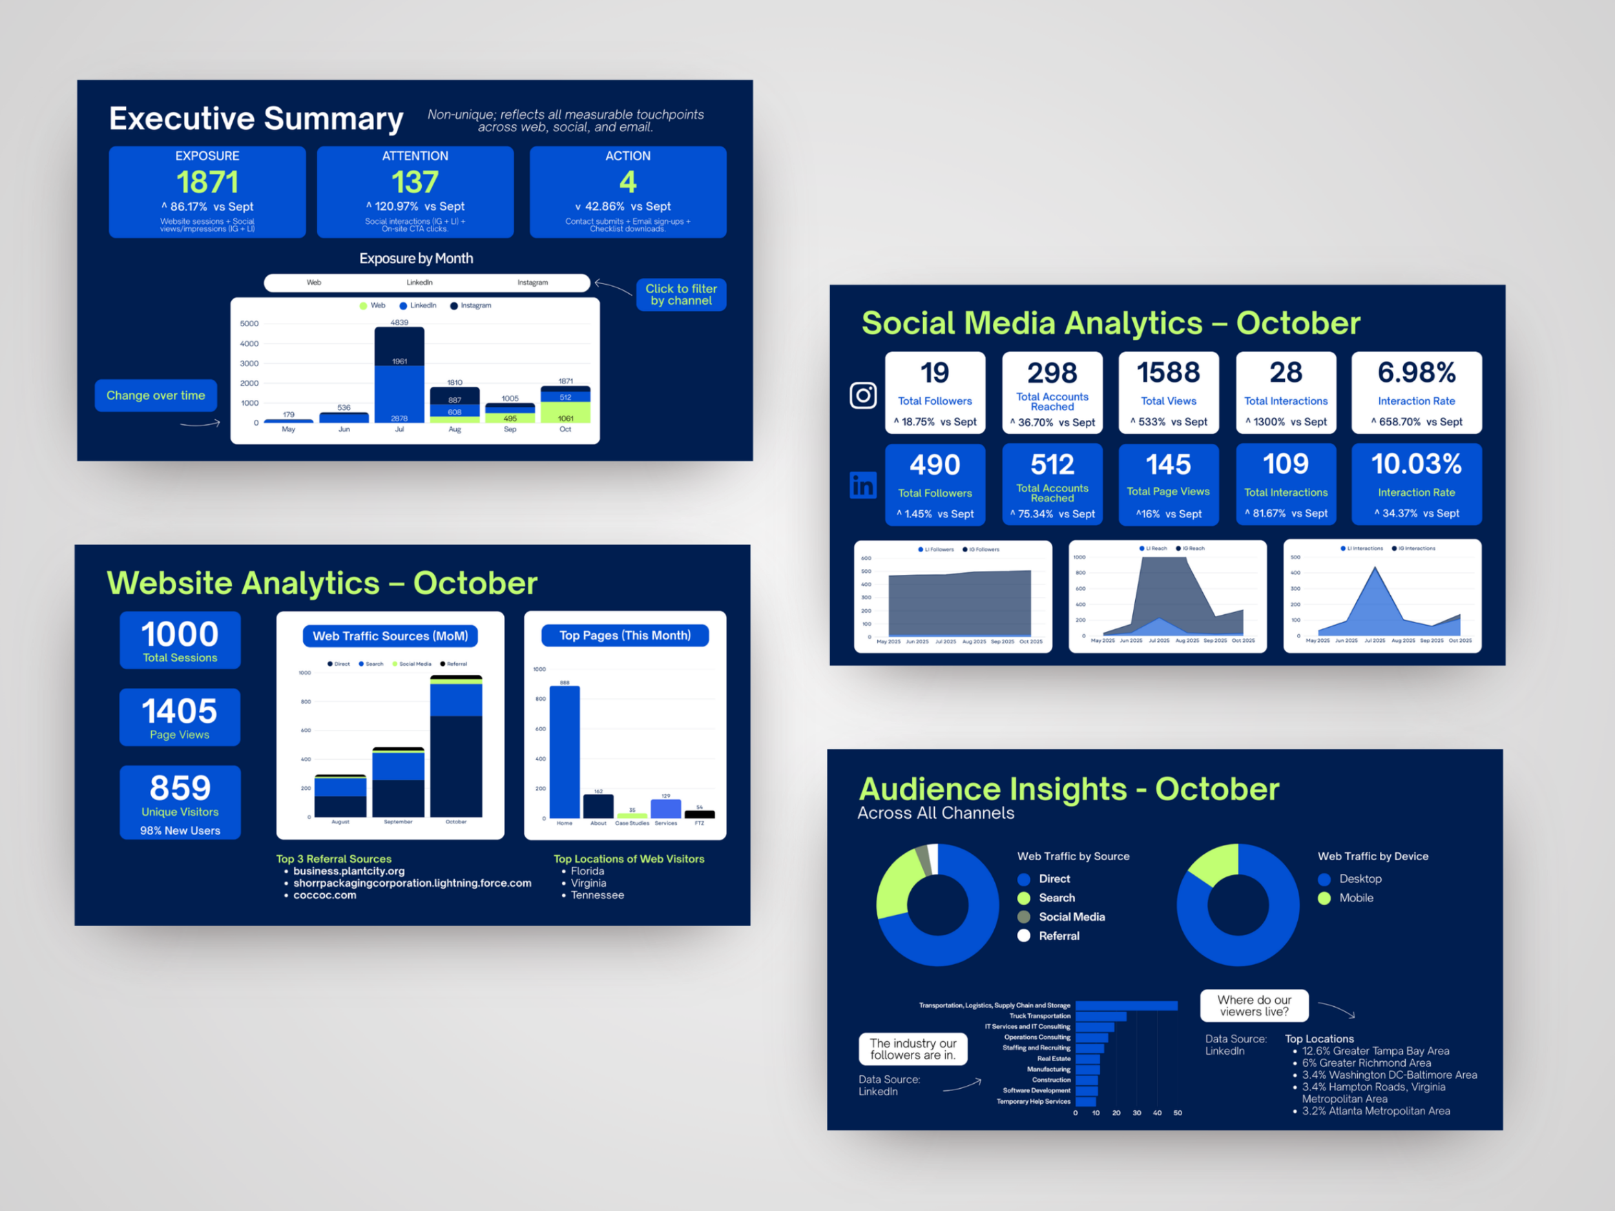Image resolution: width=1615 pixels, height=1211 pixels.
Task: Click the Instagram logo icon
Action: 863,396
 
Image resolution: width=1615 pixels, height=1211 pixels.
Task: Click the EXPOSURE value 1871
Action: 207,181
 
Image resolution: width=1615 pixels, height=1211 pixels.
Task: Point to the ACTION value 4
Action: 627,181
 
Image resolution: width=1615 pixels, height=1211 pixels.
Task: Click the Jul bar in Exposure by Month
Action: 399,376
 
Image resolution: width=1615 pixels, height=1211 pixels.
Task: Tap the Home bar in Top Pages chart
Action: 565,752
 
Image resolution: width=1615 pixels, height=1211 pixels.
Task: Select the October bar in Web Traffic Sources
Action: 455,748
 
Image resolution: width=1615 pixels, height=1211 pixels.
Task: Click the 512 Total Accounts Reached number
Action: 1052,465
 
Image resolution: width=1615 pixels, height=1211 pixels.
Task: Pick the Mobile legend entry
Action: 1355,898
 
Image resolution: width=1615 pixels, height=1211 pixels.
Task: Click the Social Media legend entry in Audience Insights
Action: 1070,917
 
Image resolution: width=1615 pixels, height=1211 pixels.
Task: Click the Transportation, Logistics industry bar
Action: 1126,1006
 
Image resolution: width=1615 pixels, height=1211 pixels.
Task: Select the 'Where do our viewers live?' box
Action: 1254,1006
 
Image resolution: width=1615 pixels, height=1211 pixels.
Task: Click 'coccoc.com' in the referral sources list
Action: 325,895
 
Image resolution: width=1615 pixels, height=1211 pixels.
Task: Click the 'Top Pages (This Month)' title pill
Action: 624,635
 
